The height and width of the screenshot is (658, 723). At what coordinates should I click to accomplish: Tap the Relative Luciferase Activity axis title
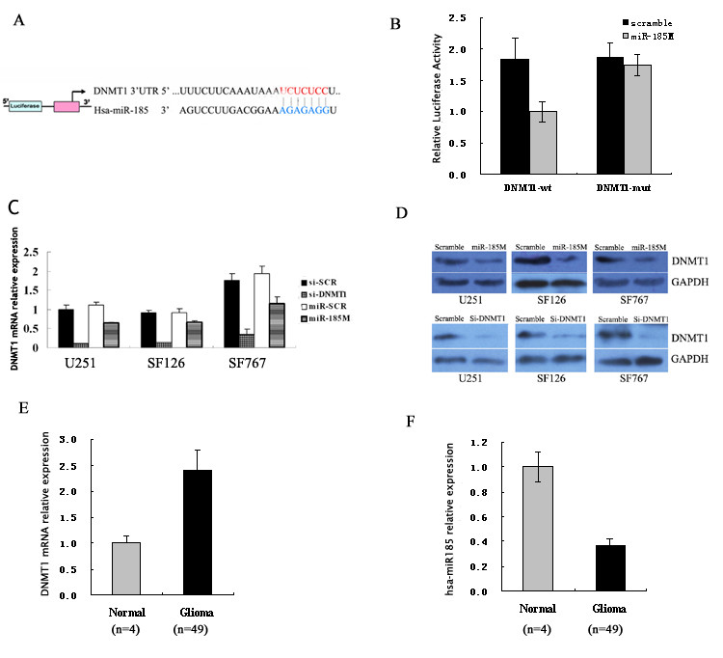[437, 96]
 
